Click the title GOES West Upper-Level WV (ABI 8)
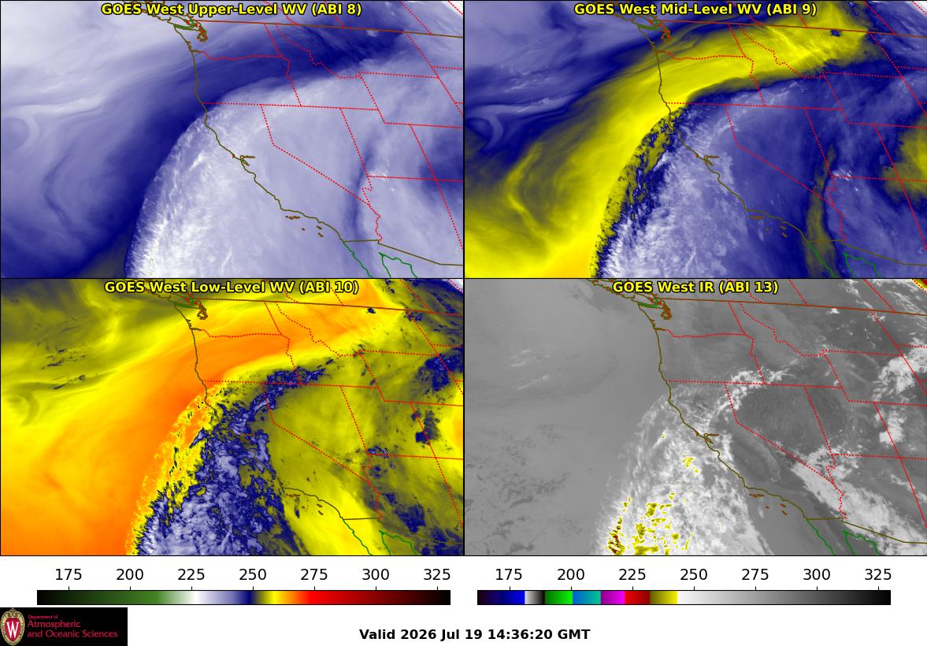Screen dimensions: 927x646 point(232,9)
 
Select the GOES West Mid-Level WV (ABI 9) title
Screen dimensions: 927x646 point(695,9)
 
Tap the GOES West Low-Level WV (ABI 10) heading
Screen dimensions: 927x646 point(232,287)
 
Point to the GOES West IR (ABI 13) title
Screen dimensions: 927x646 point(695,287)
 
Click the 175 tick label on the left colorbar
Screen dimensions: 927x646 point(69,575)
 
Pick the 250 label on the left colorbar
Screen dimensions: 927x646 point(253,575)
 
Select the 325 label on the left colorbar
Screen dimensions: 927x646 point(437,575)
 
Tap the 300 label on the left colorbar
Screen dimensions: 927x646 point(376,575)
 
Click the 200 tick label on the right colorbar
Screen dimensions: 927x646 point(570,575)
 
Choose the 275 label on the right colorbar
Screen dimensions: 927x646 point(755,575)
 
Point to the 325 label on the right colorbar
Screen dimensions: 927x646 point(878,575)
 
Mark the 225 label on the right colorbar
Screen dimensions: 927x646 point(632,575)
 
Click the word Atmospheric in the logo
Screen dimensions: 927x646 point(54,625)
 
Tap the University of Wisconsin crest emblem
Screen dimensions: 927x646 point(13,626)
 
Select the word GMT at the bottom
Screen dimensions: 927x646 point(573,635)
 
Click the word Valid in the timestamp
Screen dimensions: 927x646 point(377,635)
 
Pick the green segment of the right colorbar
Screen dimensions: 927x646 point(558,597)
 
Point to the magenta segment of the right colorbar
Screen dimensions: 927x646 point(613,597)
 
